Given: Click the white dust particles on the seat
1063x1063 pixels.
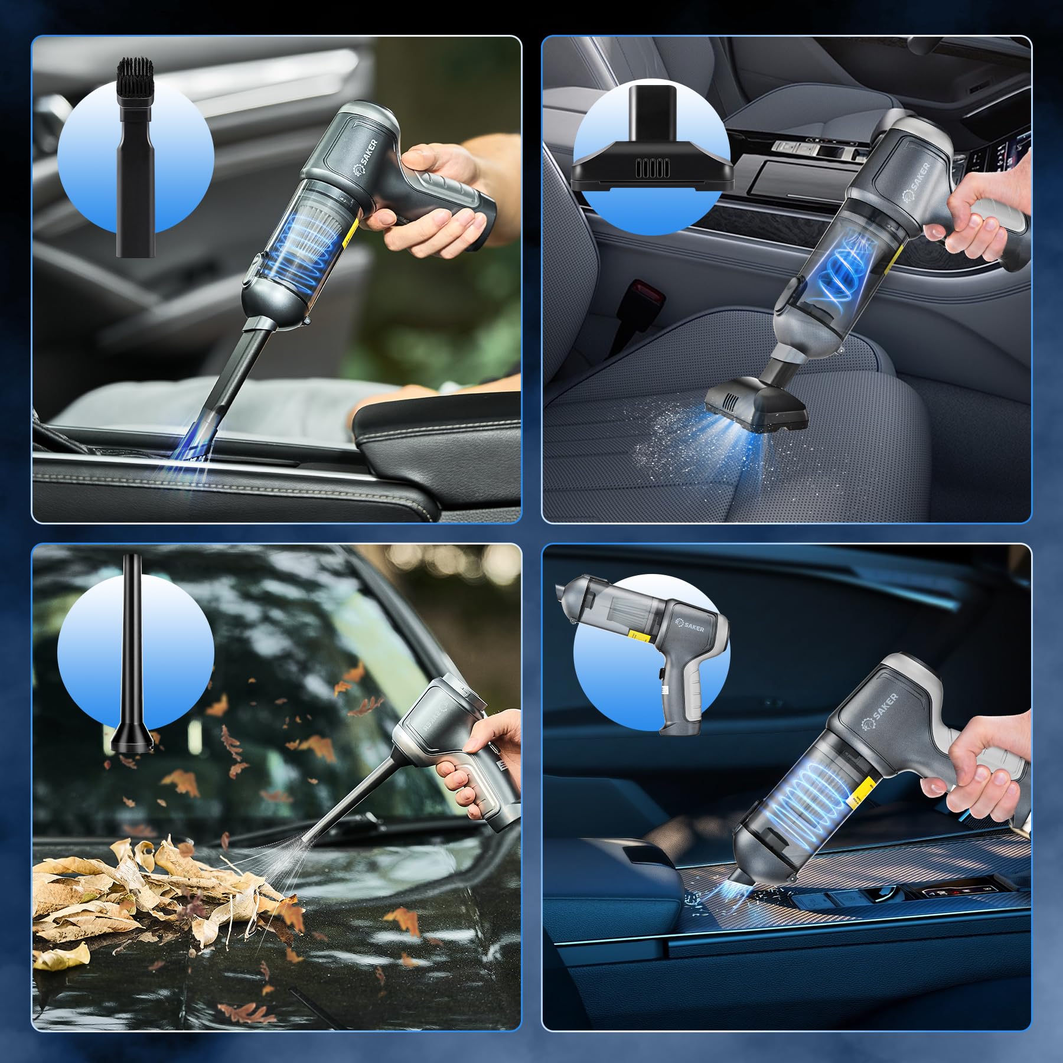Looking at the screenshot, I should [x=667, y=449].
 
